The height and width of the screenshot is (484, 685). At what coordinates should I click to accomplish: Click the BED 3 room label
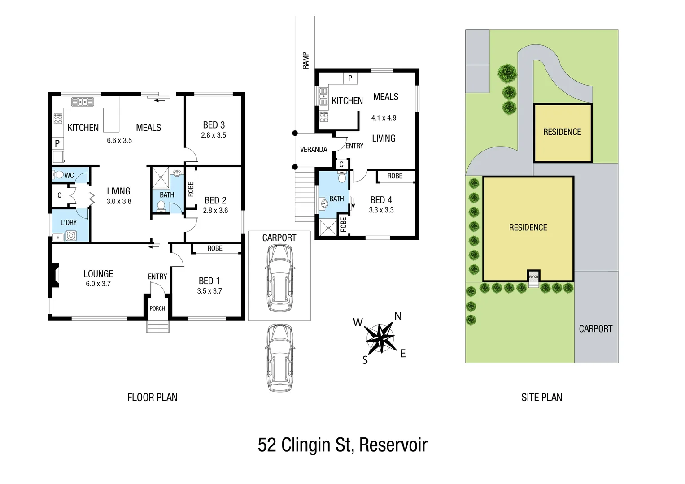click(x=214, y=125)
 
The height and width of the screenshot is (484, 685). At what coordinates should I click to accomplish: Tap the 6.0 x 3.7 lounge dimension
click(x=98, y=284)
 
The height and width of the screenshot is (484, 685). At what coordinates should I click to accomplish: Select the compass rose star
click(x=380, y=338)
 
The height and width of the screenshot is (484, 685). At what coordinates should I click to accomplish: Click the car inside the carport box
click(x=279, y=278)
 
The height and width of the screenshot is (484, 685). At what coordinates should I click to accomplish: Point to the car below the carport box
click(x=280, y=358)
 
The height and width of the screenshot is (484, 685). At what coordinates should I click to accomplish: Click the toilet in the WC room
click(x=59, y=174)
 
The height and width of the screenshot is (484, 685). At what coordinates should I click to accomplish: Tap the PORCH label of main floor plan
click(x=157, y=308)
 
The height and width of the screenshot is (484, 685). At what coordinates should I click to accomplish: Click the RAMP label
click(x=306, y=60)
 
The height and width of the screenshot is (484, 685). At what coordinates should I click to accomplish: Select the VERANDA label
click(x=314, y=150)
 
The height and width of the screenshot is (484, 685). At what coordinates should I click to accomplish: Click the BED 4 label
click(x=381, y=200)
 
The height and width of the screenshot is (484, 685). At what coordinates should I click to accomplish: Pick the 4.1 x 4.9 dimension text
click(x=384, y=118)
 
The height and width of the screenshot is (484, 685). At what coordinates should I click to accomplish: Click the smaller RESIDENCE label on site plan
click(x=562, y=132)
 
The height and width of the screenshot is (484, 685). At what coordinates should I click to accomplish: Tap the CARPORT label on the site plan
click(x=595, y=329)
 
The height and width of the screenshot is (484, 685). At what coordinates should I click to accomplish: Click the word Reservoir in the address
click(x=393, y=445)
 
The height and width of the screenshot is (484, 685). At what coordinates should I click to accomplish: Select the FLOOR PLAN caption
click(x=152, y=398)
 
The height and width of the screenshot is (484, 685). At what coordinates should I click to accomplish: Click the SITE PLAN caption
click(x=541, y=398)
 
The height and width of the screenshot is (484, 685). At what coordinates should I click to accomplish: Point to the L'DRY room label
click(x=69, y=222)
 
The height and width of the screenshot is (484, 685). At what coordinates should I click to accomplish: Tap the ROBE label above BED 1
click(x=215, y=248)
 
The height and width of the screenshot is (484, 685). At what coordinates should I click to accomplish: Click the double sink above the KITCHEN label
click(x=83, y=102)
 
